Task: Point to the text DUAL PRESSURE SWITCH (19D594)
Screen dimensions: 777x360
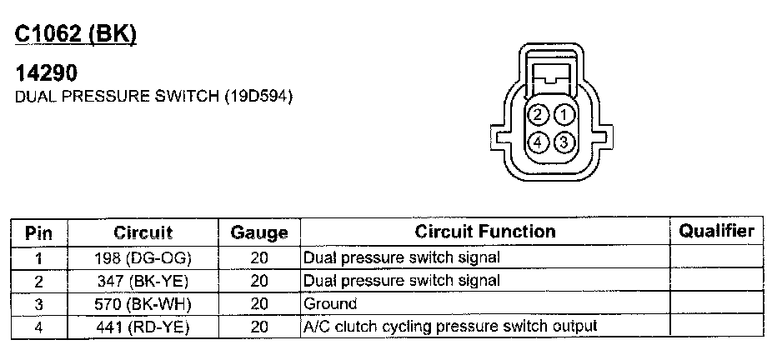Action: click(x=154, y=97)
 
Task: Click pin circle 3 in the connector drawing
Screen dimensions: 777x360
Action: click(x=564, y=142)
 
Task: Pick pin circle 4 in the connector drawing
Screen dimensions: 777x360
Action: click(x=539, y=142)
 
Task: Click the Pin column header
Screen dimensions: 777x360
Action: click(x=38, y=232)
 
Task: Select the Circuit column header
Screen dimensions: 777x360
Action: click(x=143, y=232)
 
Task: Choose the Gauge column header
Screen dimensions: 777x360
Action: click(x=258, y=232)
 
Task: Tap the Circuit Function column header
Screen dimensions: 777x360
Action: click(x=484, y=232)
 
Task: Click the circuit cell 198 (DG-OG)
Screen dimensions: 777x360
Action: click(x=143, y=258)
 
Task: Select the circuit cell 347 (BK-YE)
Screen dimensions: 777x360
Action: click(x=143, y=281)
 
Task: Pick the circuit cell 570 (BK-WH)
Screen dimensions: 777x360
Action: click(x=143, y=304)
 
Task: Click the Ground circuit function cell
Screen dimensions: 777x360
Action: click(x=330, y=304)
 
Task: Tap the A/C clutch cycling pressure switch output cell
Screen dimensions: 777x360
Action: click(x=450, y=327)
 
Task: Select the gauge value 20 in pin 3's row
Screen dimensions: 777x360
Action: click(x=258, y=304)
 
